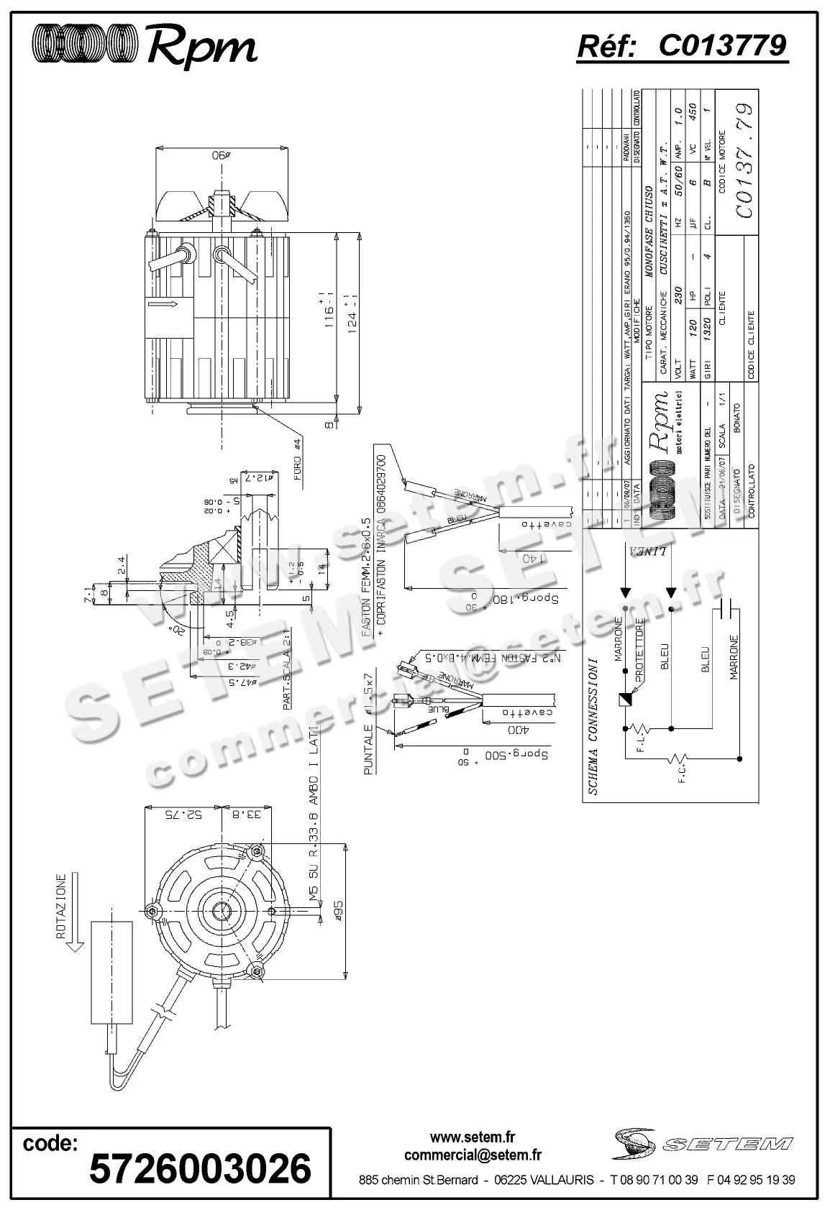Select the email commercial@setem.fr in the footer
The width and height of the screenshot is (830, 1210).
click(473, 1155)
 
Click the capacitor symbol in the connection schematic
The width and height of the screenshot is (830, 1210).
click(730, 610)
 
